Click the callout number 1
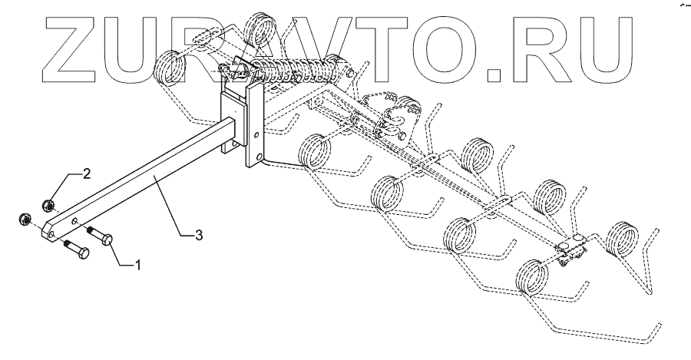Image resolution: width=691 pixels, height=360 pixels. pos(138,266)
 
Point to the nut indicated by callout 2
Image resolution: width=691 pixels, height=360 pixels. pos(47,203)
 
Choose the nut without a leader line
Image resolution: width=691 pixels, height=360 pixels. pos(23,220)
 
